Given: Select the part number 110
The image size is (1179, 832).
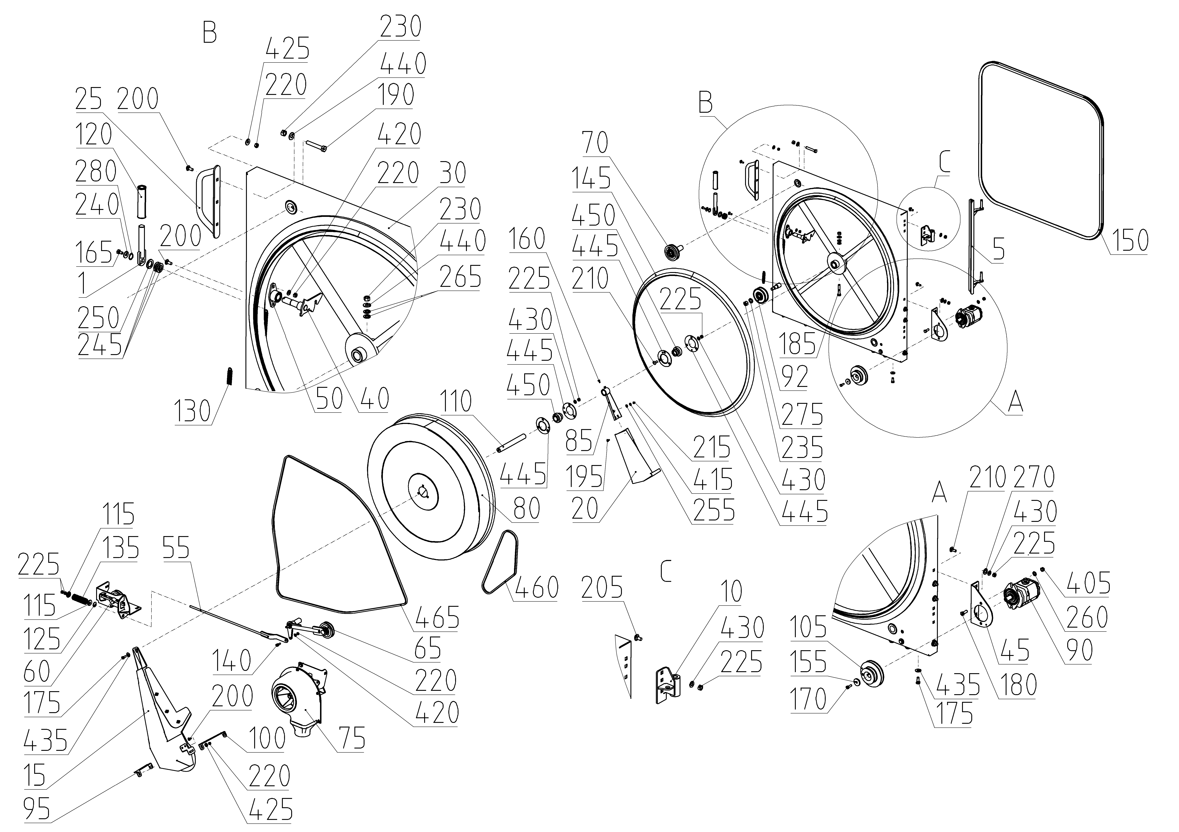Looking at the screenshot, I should click(455, 402).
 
